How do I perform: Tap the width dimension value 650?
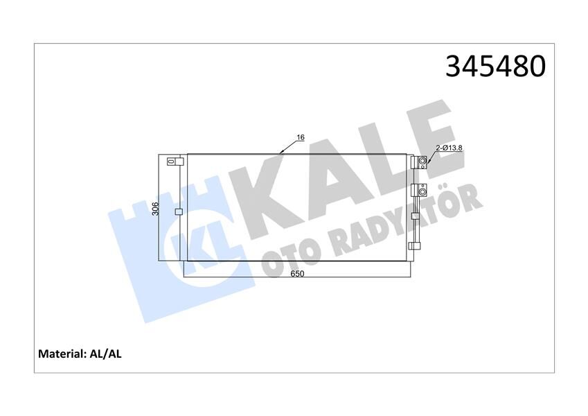point(298,274)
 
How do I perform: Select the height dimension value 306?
point(156,208)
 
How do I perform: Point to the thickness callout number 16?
point(301,138)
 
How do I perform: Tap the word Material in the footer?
point(61,354)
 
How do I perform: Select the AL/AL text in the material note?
point(105,354)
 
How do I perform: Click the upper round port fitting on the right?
point(422,163)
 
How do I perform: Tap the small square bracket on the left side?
point(178,212)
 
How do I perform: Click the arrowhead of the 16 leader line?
point(280,152)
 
